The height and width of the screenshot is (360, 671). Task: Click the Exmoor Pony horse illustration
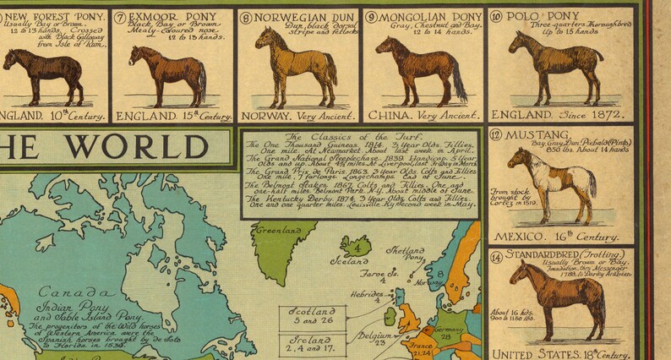(170, 71)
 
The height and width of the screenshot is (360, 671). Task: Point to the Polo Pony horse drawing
(554, 66)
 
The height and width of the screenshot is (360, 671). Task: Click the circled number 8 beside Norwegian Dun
(246, 16)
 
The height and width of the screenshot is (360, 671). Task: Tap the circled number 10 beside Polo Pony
(496, 16)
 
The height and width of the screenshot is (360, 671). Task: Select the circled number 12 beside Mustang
(496, 134)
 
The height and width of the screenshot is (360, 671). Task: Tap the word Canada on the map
(52, 290)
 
